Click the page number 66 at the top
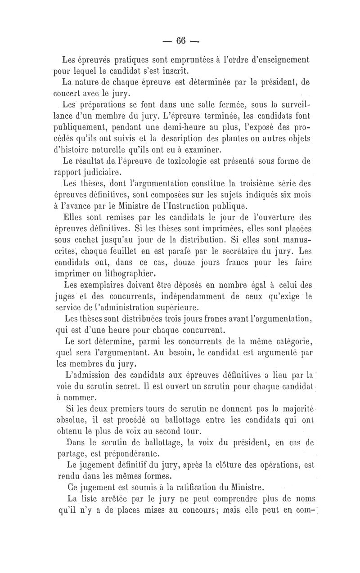point(181,40)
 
